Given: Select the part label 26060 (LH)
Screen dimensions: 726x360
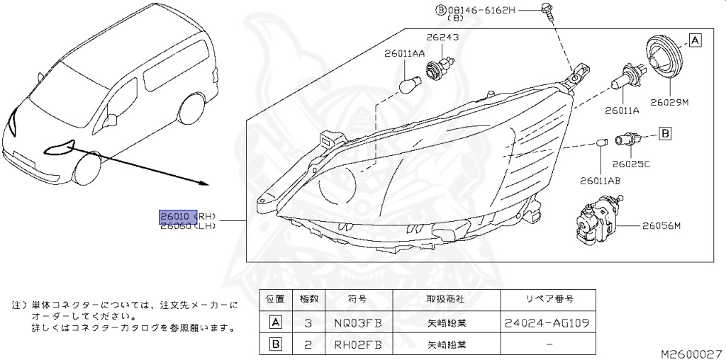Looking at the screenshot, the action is pyautogui.click(x=187, y=226).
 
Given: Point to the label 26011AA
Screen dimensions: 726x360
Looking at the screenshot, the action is pyautogui.click(x=405, y=53).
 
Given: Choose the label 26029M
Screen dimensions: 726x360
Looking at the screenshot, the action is pyautogui.click(x=669, y=103).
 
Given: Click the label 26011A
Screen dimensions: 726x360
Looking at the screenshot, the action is pyautogui.click(x=622, y=111).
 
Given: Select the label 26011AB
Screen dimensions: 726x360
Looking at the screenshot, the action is pyautogui.click(x=599, y=181).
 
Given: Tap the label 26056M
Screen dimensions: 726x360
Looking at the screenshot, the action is pyautogui.click(x=661, y=226).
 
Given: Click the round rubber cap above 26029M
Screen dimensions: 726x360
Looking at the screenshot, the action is pyautogui.click(x=666, y=56).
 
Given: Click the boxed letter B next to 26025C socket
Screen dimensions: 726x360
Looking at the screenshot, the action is pyautogui.click(x=665, y=133).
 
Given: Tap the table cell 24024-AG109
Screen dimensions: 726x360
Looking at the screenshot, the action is pyautogui.click(x=548, y=323).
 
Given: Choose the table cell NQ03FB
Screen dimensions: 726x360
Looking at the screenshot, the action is pyautogui.click(x=358, y=323).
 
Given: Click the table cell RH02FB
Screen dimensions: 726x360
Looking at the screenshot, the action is pyautogui.click(x=358, y=345).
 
